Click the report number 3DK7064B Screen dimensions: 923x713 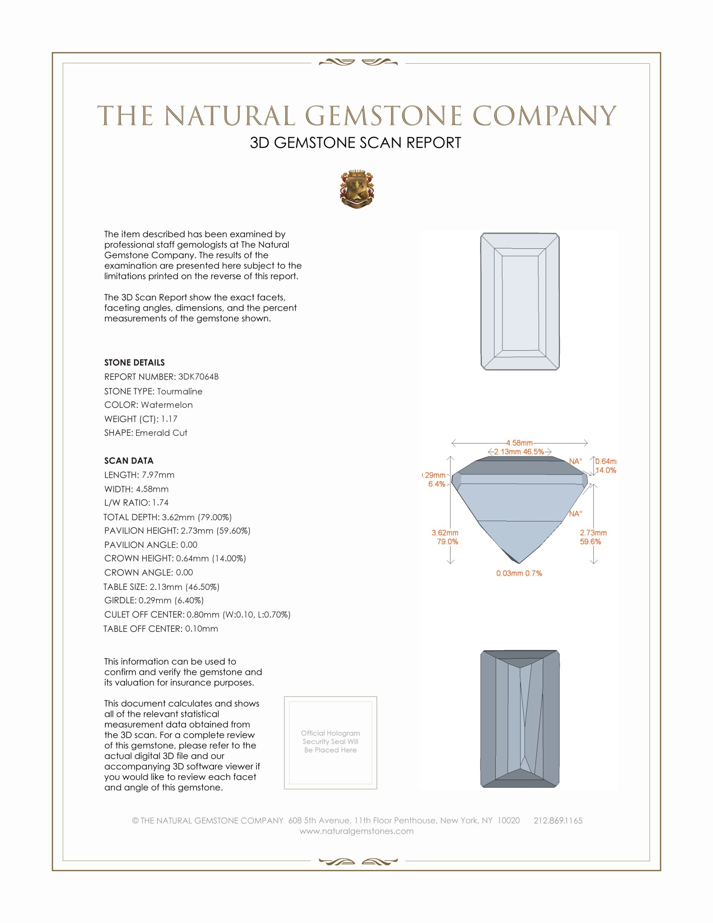coord(198,377)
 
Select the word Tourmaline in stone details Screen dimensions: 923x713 coord(180,391)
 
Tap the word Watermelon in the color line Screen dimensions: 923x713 coord(167,405)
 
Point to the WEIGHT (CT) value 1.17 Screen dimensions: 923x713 coord(169,419)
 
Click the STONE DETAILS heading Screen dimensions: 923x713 coord(134,362)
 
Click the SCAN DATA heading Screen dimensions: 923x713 coord(129,461)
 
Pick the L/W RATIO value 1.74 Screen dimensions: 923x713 coord(161,503)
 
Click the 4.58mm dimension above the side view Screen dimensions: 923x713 coord(519,443)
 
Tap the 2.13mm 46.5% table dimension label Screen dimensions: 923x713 coord(519,451)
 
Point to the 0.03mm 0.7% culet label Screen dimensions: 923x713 coord(519,573)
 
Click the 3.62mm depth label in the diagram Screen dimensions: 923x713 coord(445,533)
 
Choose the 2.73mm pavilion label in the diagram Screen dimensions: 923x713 coord(593,533)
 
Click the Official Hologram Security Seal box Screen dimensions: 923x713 coord(330,743)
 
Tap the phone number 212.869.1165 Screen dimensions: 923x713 coord(557,820)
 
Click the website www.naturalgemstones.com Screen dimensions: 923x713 coord(356,831)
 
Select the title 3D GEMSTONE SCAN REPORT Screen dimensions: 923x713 coord(355,143)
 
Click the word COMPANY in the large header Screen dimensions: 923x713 coord(544,116)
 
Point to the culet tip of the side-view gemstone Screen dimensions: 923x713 coord(519,563)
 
